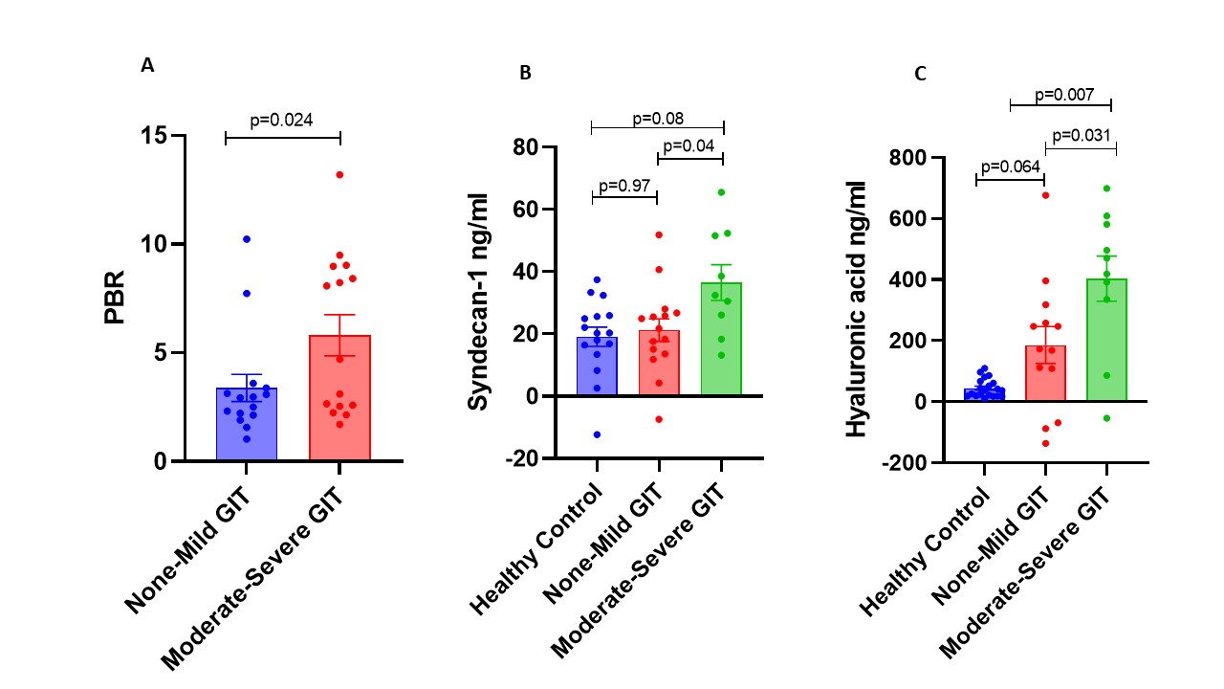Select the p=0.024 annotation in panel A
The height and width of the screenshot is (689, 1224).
tap(282, 120)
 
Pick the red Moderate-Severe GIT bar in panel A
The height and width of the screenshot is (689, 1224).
tap(339, 402)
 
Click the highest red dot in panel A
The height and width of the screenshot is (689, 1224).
tap(339, 174)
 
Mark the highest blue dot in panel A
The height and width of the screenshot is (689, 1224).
tap(246, 238)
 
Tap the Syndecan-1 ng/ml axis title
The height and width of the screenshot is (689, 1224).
tap(477, 301)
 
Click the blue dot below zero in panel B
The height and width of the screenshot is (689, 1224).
tap(596, 434)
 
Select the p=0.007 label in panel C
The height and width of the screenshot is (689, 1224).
tap(1061, 95)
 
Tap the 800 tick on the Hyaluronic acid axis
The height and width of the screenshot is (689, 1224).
tap(910, 158)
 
